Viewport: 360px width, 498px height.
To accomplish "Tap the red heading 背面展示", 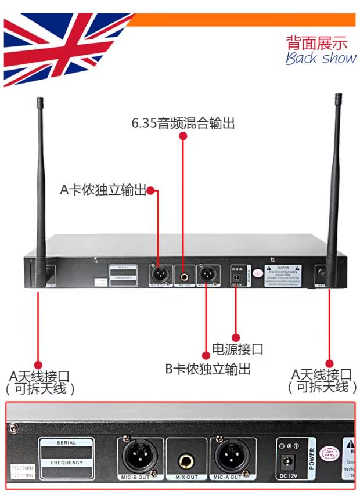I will pyautogui.click(x=316, y=42).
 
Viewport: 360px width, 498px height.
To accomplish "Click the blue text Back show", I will pyautogui.click(x=321, y=58).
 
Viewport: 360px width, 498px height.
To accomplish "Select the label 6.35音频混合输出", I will pyautogui.click(x=183, y=123).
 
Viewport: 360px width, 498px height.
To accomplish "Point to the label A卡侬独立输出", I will pyautogui.click(x=103, y=190).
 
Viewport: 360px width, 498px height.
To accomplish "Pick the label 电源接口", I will pyautogui.click(x=237, y=349).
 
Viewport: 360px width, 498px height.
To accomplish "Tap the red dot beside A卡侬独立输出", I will pyautogui.click(x=150, y=190).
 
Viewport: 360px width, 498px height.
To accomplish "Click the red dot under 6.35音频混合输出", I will pyautogui.click(x=183, y=137).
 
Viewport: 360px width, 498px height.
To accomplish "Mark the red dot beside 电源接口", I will pyautogui.click(x=236, y=337).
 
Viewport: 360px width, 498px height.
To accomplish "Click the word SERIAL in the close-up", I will pyautogui.click(x=67, y=443).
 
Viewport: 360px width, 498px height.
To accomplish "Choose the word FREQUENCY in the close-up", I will pyautogui.click(x=67, y=463).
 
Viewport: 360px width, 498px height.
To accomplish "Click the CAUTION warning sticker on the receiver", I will pyautogui.click(x=283, y=273).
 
